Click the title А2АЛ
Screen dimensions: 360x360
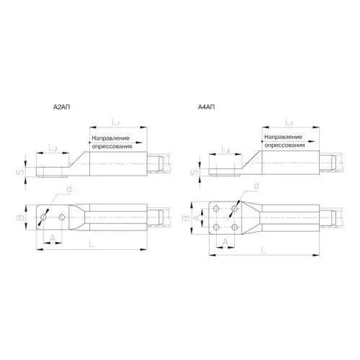[62, 107]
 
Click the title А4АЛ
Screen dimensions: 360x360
[206, 107]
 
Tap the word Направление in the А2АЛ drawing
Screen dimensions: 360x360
[111, 138]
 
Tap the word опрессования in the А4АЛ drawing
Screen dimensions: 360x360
[284, 145]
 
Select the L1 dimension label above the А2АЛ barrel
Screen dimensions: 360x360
[116, 122]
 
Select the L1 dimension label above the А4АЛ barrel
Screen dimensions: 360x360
[289, 122]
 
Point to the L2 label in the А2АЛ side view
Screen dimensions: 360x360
[53, 148]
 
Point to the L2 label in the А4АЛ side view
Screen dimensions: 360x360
[225, 150]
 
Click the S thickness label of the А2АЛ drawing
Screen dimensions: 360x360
[21, 172]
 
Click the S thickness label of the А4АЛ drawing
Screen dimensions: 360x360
[195, 172]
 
